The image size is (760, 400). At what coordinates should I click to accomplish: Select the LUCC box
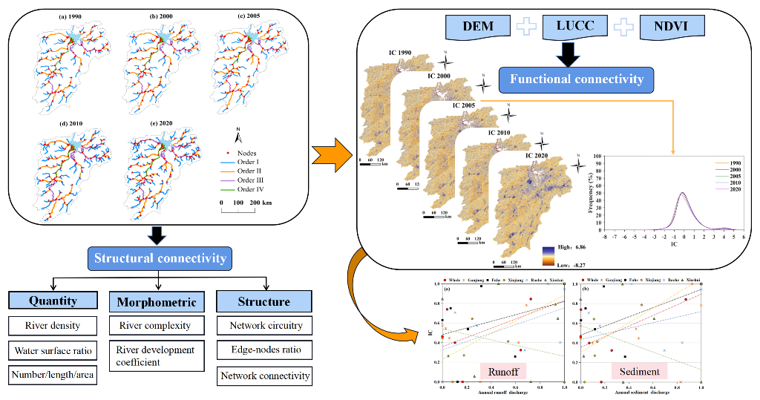point(577,27)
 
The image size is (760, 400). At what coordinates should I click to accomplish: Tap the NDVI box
point(673,27)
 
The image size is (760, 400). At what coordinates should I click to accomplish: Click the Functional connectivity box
point(576,79)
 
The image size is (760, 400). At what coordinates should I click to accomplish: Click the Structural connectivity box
point(160,259)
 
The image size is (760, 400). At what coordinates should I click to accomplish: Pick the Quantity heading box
point(53,301)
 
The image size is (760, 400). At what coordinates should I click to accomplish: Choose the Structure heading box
point(263,301)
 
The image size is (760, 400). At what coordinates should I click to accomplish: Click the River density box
point(53,325)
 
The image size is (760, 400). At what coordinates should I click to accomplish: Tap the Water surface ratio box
point(53,350)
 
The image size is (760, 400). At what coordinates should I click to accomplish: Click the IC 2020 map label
point(540,156)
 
